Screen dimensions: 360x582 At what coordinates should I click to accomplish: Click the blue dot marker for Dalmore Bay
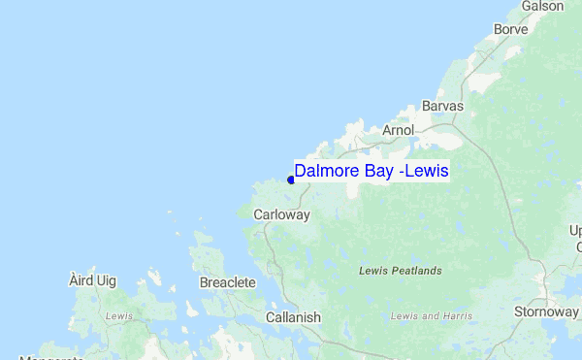tap(291, 180)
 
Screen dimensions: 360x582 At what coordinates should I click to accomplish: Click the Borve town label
tap(510, 29)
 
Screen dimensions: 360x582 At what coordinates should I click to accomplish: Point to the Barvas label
tap(442, 106)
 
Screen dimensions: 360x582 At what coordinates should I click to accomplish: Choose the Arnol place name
tap(399, 129)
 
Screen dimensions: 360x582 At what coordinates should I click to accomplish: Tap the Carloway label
tap(280, 214)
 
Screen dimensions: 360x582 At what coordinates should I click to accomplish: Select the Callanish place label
tap(293, 317)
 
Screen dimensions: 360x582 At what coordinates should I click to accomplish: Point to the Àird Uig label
tap(93, 280)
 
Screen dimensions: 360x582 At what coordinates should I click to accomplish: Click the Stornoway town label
tap(546, 311)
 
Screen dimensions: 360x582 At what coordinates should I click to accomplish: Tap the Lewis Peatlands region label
tap(400, 270)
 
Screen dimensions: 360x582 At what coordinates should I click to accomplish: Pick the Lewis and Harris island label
tap(431, 316)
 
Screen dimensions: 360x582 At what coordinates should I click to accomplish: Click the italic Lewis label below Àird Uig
tap(118, 316)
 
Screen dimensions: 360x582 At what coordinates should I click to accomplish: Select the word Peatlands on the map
tap(414, 270)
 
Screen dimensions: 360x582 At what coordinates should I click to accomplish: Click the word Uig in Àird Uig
tap(106, 280)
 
